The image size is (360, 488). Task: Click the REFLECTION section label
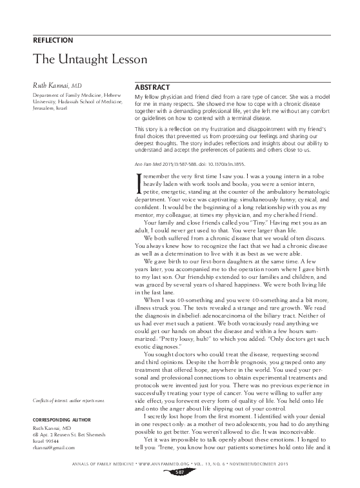(x=52, y=40)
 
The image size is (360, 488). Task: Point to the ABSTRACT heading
(x=152, y=87)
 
